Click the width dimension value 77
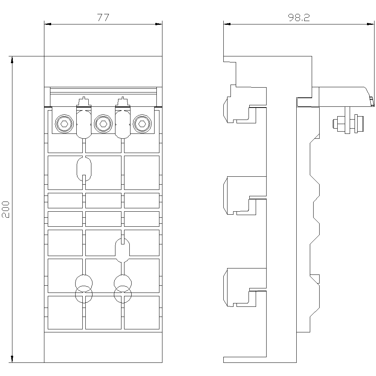(x=103, y=18)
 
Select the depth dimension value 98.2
(x=299, y=18)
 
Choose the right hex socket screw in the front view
(x=141, y=123)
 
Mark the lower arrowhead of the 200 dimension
(x=12, y=359)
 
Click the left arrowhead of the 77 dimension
(x=47, y=24)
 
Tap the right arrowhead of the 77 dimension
(x=159, y=24)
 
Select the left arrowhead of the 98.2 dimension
(x=226, y=24)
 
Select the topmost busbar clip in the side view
(x=241, y=105)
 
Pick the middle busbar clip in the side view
(x=241, y=196)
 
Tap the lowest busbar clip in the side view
(x=241, y=287)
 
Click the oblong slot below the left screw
(x=84, y=169)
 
